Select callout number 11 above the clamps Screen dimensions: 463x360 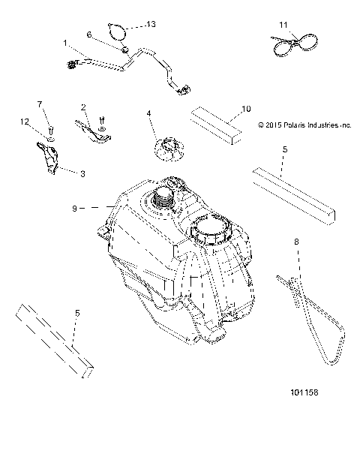[x=283, y=25]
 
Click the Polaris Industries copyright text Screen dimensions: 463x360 [x=304, y=125]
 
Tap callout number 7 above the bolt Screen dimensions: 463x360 [x=41, y=103]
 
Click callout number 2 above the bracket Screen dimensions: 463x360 [x=83, y=107]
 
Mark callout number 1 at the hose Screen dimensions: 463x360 [x=65, y=44]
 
